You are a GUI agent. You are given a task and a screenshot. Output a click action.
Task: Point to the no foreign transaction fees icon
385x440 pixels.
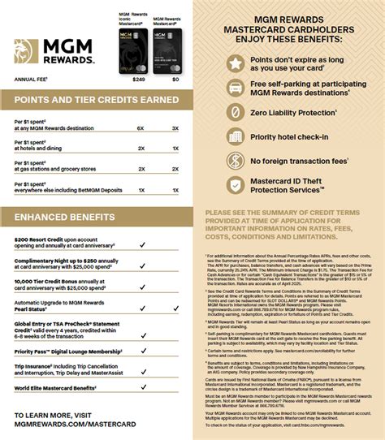pos(237,161)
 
